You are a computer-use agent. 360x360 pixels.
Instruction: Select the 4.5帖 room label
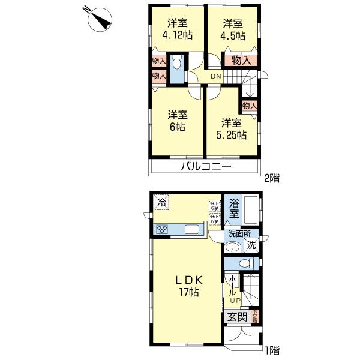(x=233, y=29)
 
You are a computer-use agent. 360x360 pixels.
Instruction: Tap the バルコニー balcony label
(x=206, y=166)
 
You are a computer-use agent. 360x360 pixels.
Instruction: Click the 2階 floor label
(x=272, y=178)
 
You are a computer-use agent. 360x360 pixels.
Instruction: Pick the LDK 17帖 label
(x=188, y=286)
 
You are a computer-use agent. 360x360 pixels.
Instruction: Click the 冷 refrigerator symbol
(x=161, y=202)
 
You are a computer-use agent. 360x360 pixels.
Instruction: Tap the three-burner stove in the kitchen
(x=162, y=229)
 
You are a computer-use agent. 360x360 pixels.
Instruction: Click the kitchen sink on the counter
(x=193, y=229)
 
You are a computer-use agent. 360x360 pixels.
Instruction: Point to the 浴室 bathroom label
(x=234, y=208)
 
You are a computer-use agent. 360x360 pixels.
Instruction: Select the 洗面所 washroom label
(x=239, y=235)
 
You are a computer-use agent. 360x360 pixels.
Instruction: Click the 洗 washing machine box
(x=252, y=245)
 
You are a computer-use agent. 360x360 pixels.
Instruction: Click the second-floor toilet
(x=177, y=64)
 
